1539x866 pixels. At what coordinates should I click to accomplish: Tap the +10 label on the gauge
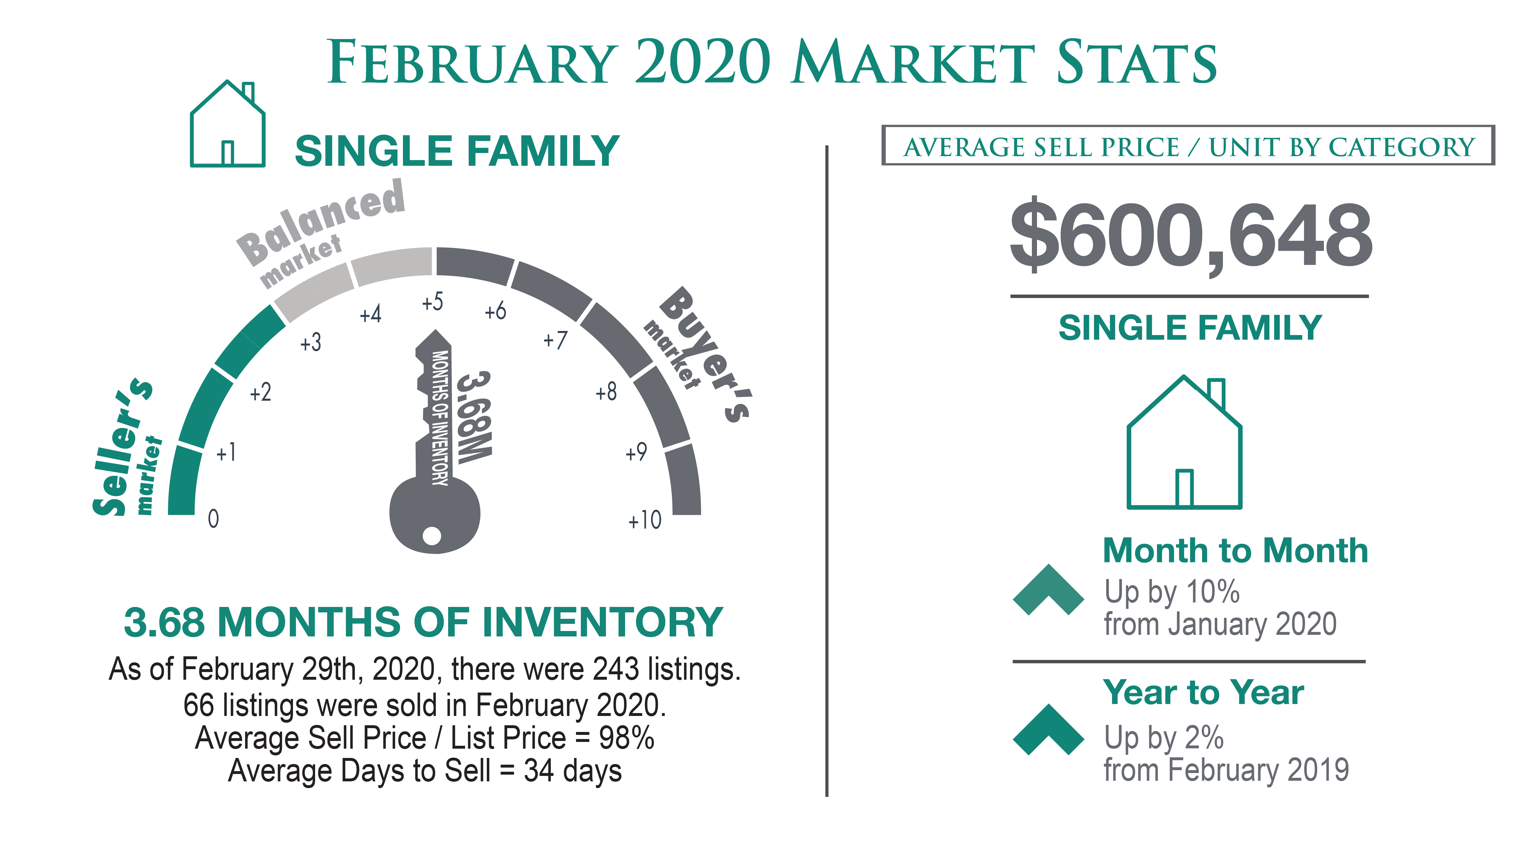coord(645,520)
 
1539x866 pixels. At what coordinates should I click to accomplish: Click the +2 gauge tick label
coord(261,393)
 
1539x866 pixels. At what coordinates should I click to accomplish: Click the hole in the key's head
coord(431,535)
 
